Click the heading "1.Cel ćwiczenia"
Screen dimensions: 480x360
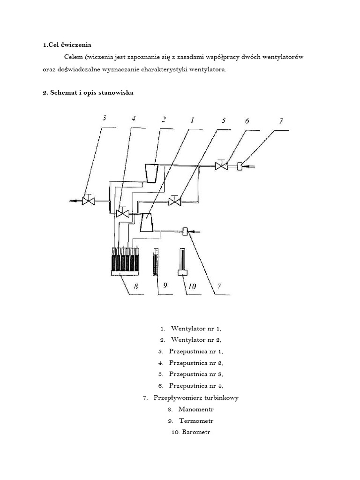pos(67,45)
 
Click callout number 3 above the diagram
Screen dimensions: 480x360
pos(104,118)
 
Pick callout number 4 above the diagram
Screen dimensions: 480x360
pos(134,119)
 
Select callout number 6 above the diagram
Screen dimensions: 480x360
pos(247,121)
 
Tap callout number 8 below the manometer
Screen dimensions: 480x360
pos(136,285)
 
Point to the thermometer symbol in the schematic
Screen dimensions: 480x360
pos(154,262)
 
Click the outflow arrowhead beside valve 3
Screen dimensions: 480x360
pos(73,201)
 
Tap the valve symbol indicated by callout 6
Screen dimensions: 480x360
pos(221,166)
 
